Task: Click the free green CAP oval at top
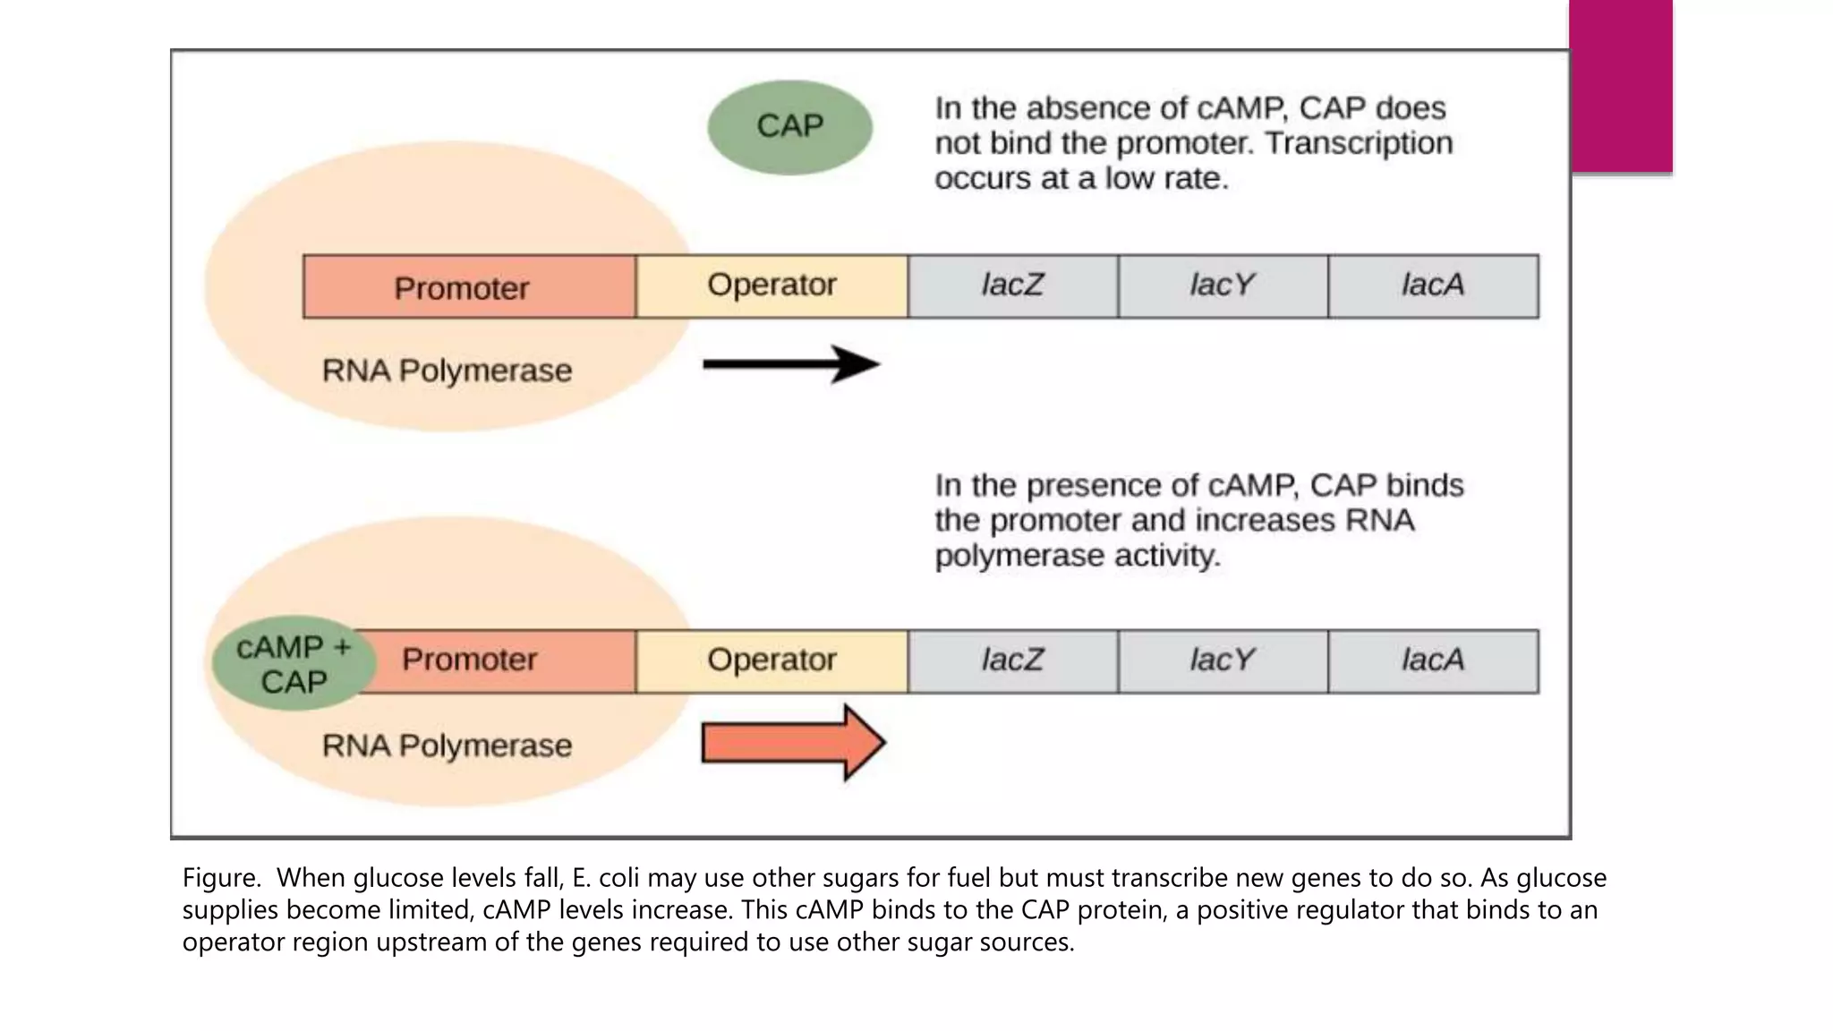tap(789, 127)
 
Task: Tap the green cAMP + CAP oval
tap(294, 664)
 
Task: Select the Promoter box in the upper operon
tap(469, 287)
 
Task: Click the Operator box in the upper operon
tap(772, 286)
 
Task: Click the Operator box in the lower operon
tap(772, 661)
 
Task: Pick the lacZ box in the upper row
tap(1012, 286)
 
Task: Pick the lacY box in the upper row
tap(1223, 286)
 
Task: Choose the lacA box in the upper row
tap(1433, 286)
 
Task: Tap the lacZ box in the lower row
tap(1012, 661)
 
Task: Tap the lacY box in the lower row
tap(1223, 661)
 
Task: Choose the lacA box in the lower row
tap(1433, 661)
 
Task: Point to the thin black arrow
tap(790, 364)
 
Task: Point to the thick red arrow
tap(792, 743)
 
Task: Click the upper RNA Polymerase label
tap(447, 371)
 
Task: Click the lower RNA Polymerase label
tap(447, 746)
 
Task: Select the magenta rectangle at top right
tap(1621, 86)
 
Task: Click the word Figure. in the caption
tap(221, 878)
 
